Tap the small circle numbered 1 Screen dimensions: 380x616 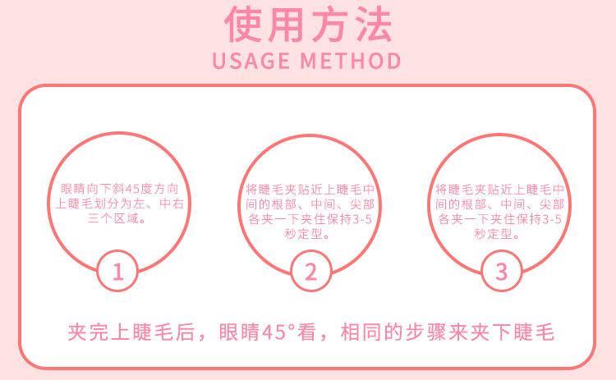118,272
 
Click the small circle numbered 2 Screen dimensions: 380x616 310,272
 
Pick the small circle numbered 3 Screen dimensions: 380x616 501,272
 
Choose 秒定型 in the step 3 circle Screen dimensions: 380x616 496,235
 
